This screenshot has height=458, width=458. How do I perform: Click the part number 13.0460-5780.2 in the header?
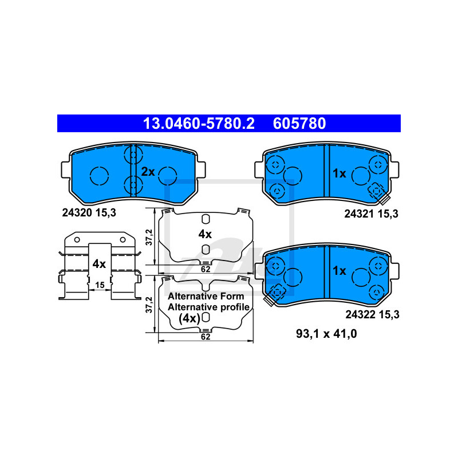[x=198, y=123]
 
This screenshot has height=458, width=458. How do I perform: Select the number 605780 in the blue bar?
[x=299, y=123]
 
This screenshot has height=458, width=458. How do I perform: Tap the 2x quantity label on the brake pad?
[x=148, y=171]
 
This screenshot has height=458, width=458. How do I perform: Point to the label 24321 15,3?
[x=371, y=214]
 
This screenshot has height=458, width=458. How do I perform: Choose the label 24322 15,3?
[x=371, y=314]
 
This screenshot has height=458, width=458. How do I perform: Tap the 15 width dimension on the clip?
[x=100, y=285]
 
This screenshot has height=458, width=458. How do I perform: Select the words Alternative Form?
[x=206, y=297]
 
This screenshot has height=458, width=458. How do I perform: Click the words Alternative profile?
[x=208, y=307]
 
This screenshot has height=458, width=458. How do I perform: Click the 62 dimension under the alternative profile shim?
[x=206, y=337]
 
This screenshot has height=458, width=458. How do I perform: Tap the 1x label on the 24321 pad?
[x=339, y=173]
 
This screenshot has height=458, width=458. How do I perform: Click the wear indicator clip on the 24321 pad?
[x=379, y=192]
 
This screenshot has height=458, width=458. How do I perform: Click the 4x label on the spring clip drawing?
[x=98, y=263]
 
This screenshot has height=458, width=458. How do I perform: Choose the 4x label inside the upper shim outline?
[x=204, y=234]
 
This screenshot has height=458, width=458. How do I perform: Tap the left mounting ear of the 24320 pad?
[x=66, y=169]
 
